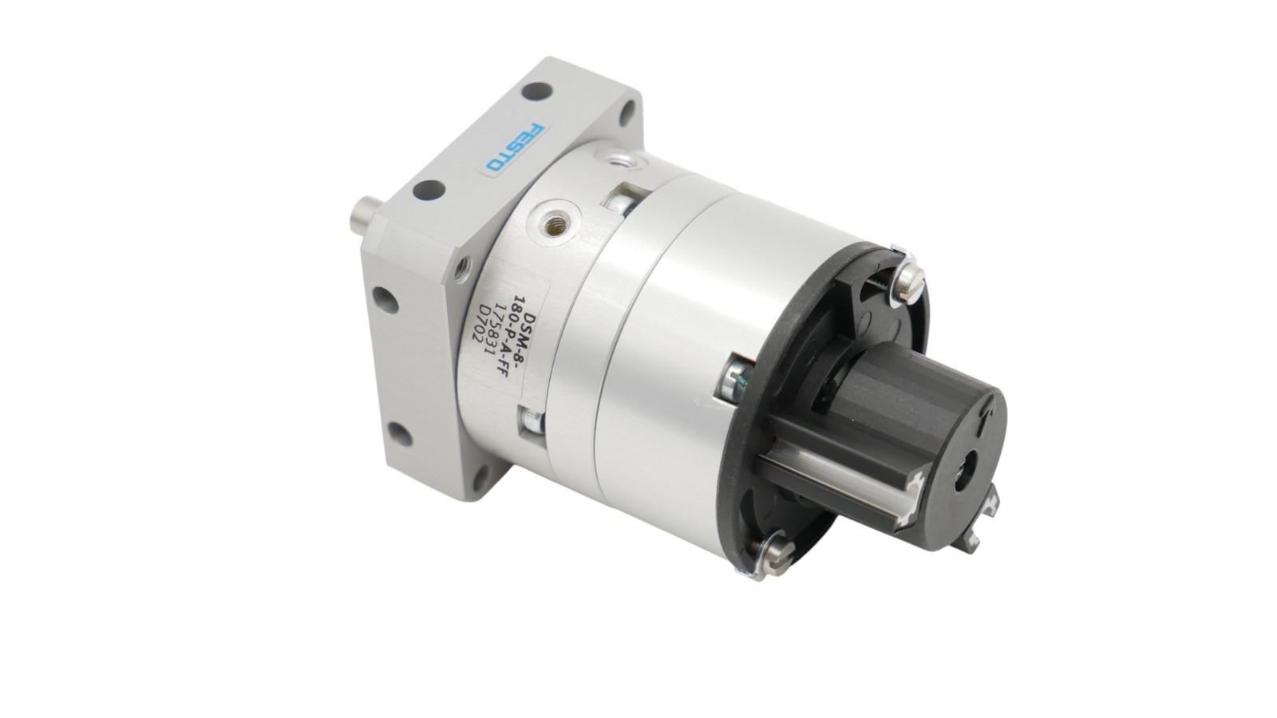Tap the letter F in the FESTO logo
tap(537, 130)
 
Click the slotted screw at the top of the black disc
tap(909, 282)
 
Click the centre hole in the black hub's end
tap(966, 470)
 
